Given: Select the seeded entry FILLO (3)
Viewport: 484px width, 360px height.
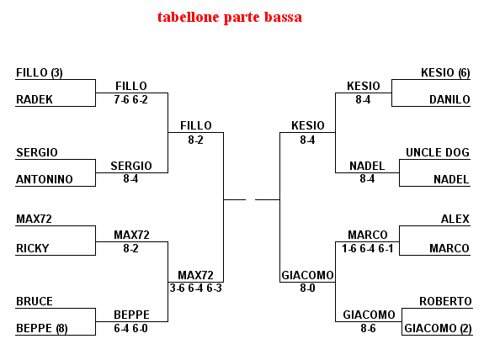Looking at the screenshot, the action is pyautogui.click(x=40, y=73).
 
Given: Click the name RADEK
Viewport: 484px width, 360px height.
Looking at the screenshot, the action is pyautogui.click(x=35, y=99).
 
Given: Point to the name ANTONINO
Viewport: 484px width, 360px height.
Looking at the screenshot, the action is pyautogui.click(x=44, y=179).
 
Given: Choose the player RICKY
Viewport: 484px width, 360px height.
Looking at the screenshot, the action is pyautogui.click(x=33, y=248).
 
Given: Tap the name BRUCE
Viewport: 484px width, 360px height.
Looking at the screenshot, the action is pyautogui.click(x=35, y=301).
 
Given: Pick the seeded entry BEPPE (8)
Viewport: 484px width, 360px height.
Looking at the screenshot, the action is pyautogui.click(x=42, y=328).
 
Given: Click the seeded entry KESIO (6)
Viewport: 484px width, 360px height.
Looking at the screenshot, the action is pyautogui.click(x=445, y=73).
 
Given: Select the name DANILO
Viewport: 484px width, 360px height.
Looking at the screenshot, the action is pyautogui.click(x=449, y=99).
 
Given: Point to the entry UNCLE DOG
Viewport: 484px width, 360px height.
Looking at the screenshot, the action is pyautogui.click(x=438, y=152).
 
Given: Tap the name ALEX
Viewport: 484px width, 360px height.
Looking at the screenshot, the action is pyautogui.click(x=455, y=219).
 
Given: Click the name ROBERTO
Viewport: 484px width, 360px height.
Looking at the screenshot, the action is pyautogui.click(x=445, y=301).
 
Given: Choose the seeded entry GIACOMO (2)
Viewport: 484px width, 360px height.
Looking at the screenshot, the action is pyautogui.click(x=438, y=328).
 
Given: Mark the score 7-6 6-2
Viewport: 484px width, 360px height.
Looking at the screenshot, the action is pyautogui.click(x=130, y=99).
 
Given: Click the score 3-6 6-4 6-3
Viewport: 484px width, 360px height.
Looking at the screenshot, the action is pyautogui.click(x=195, y=289).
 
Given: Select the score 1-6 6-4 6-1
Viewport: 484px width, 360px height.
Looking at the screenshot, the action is pyautogui.click(x=367, y=248).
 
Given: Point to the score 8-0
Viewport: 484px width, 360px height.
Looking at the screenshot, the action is pyautogui.click(x=307, y=289).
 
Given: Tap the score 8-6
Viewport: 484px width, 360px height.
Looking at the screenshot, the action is pyautogui.click(x=368, y=328).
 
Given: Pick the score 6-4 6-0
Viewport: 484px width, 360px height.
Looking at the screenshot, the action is pyautogui.click(x=130, y=328).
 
